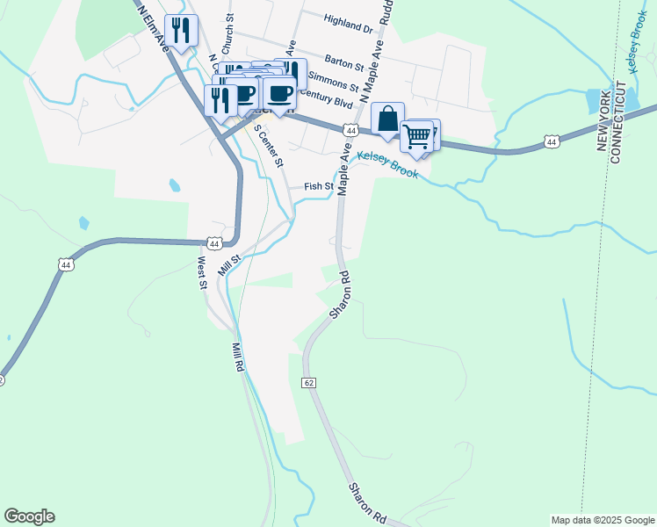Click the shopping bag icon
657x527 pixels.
tap(387, 119)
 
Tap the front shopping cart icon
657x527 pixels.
tap(417, 136)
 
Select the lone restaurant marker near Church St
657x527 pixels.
tap(181, 32)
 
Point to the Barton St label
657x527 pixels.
tap(343, 63)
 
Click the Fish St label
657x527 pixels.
tap(319, 186)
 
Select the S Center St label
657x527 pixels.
tap(270, 146)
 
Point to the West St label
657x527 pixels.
tap(201, 271)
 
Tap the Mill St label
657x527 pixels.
tap(229, 263)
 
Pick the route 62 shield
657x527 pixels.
tap(308, 383)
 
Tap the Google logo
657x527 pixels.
tap(29, 516)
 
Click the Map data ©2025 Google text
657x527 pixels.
tap(602, 520)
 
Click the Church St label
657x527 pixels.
tap(229, 30)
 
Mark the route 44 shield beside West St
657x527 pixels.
tap(214, 242)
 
